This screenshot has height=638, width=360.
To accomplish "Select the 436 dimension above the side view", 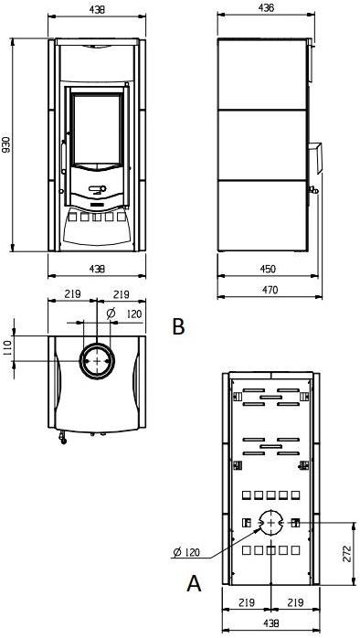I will pyautogui.click(x=265, y=7).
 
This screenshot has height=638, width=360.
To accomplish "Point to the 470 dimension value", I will pyautogui.click(x=269, y=290).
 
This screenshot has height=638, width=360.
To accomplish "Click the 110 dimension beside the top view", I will pyautogui.click(x=6, y=346).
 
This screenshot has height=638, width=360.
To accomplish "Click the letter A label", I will pyautogui.click(x=194, y=582).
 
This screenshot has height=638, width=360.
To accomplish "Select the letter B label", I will pyautogui.click(x=178, y=325).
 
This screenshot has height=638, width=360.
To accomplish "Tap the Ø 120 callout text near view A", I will pyautogui.click(x=186, y=551).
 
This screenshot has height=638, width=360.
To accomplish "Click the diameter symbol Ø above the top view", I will pyautogui.click(x=111, y=314).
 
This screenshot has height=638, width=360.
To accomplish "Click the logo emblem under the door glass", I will pyautogui.click(x=98, y=190).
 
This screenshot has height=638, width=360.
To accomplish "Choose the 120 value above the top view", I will pyautogui.click(x=134, y=314).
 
